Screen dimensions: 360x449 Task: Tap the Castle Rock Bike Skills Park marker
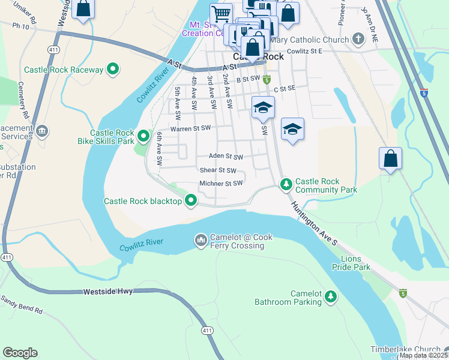point(143,137)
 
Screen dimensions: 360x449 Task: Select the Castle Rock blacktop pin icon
point(191,201)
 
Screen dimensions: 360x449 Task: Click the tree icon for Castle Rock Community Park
point(286,182)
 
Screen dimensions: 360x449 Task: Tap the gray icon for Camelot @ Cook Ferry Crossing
point(200,241)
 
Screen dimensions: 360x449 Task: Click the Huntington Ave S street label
point(316,224)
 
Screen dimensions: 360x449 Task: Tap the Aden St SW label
point(226,157)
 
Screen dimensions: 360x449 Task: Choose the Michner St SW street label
point(221,183)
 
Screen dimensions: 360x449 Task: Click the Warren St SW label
point(191,128)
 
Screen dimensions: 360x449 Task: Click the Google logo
point(20,353)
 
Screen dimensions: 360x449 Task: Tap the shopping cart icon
point(221,13)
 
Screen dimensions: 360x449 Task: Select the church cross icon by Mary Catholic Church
point(358,40)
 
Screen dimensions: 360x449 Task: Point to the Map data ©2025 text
point(423,355)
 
